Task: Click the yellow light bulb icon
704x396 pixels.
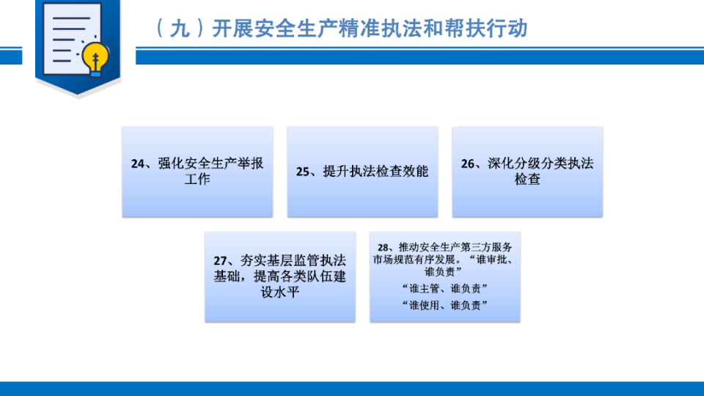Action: point(95,59)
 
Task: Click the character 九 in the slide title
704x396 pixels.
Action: point(180,29)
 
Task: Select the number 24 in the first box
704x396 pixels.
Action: point(137,164)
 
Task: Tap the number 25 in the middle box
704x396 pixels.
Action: point(303,172)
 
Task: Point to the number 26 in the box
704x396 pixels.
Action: point(467,164)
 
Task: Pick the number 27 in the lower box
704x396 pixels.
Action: point(220,261)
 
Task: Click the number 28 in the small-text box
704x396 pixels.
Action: point(383,247)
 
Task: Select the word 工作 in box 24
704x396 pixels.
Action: point(197,179)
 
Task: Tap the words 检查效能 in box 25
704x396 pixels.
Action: point(402,171)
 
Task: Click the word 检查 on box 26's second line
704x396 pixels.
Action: point(527,179)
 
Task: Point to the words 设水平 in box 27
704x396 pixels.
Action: point(280,293)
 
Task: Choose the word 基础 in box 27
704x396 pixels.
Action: point(227,276)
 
